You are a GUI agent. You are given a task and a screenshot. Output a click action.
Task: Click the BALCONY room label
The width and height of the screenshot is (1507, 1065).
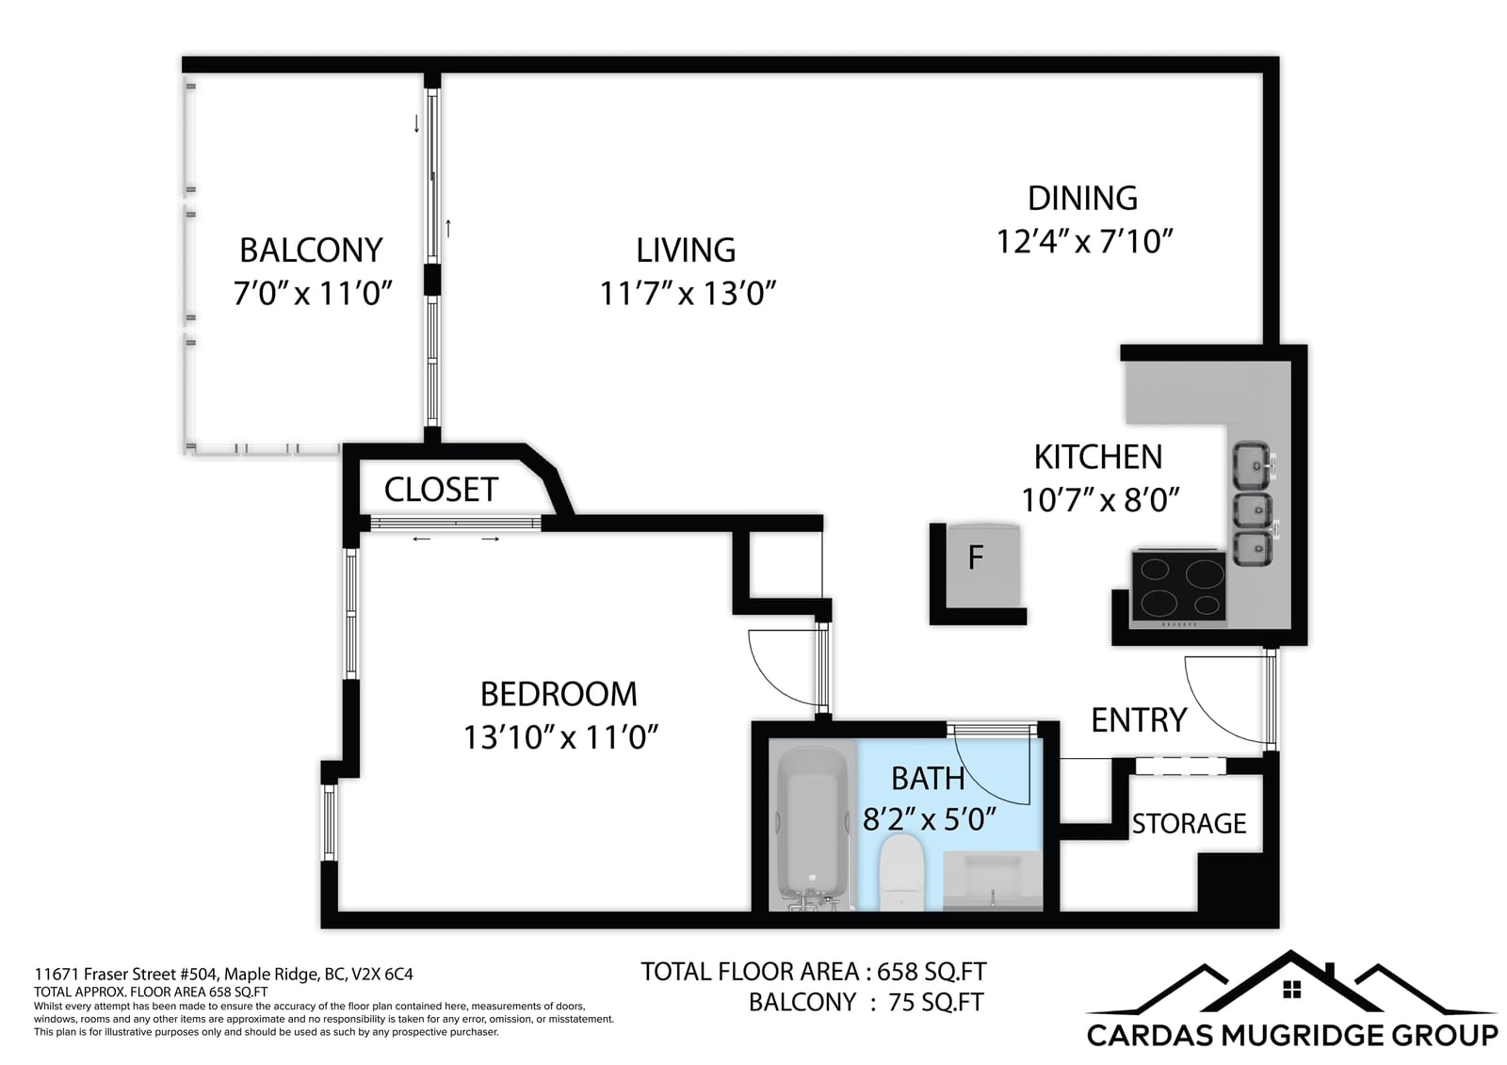[x=312, y=250]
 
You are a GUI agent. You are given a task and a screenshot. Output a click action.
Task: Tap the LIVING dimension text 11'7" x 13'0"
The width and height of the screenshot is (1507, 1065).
[x=688, y=294]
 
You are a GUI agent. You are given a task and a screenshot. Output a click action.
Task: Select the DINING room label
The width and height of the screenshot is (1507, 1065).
[x=1082, y=199]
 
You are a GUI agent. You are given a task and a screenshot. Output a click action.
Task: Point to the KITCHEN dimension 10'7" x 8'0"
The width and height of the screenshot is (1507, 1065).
[x=1101, y=500]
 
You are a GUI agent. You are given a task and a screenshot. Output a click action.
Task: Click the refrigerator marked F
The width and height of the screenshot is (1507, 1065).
[x=983, y=565]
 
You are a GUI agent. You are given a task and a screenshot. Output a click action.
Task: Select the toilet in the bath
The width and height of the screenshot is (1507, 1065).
[x=902, y=873]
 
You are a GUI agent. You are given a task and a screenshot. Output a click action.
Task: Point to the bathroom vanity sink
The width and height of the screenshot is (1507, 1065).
[x=993, y=881]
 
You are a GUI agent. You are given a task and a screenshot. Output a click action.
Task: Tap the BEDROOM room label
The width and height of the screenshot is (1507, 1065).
[x=559, y=694]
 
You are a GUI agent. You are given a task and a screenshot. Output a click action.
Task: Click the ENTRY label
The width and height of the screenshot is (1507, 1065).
[x=1139, y=719]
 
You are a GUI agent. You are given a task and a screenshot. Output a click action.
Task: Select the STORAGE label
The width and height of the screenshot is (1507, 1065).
[x=1189, y=824]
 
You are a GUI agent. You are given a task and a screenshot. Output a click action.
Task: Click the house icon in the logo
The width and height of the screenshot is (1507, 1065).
[x=1291, y=989]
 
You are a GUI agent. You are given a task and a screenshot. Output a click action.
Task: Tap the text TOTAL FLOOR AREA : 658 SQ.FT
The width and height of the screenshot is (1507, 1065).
[x=814, y=972]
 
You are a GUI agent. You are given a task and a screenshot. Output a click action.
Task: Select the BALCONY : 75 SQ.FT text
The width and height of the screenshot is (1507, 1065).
[x=867, y=1003]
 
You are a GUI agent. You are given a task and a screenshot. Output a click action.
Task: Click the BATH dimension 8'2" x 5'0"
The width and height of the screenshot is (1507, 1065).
[x=929, y=820]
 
